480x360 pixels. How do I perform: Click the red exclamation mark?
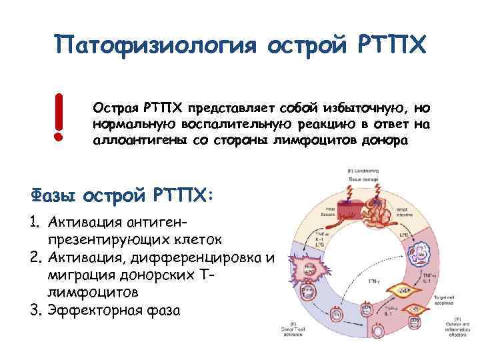[59, 117]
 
